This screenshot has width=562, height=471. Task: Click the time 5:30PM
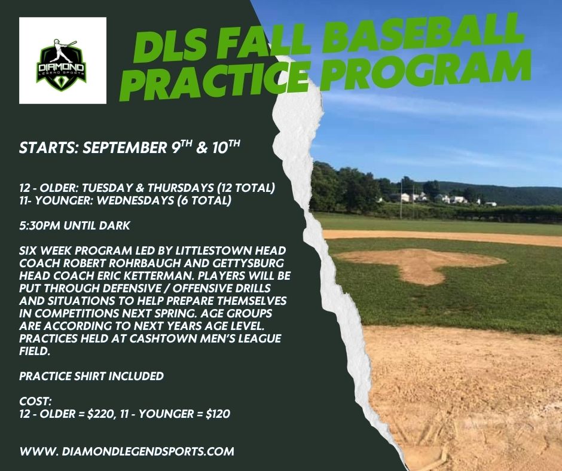40,225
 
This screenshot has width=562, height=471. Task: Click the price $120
218,414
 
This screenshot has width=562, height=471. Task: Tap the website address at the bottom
127,451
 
